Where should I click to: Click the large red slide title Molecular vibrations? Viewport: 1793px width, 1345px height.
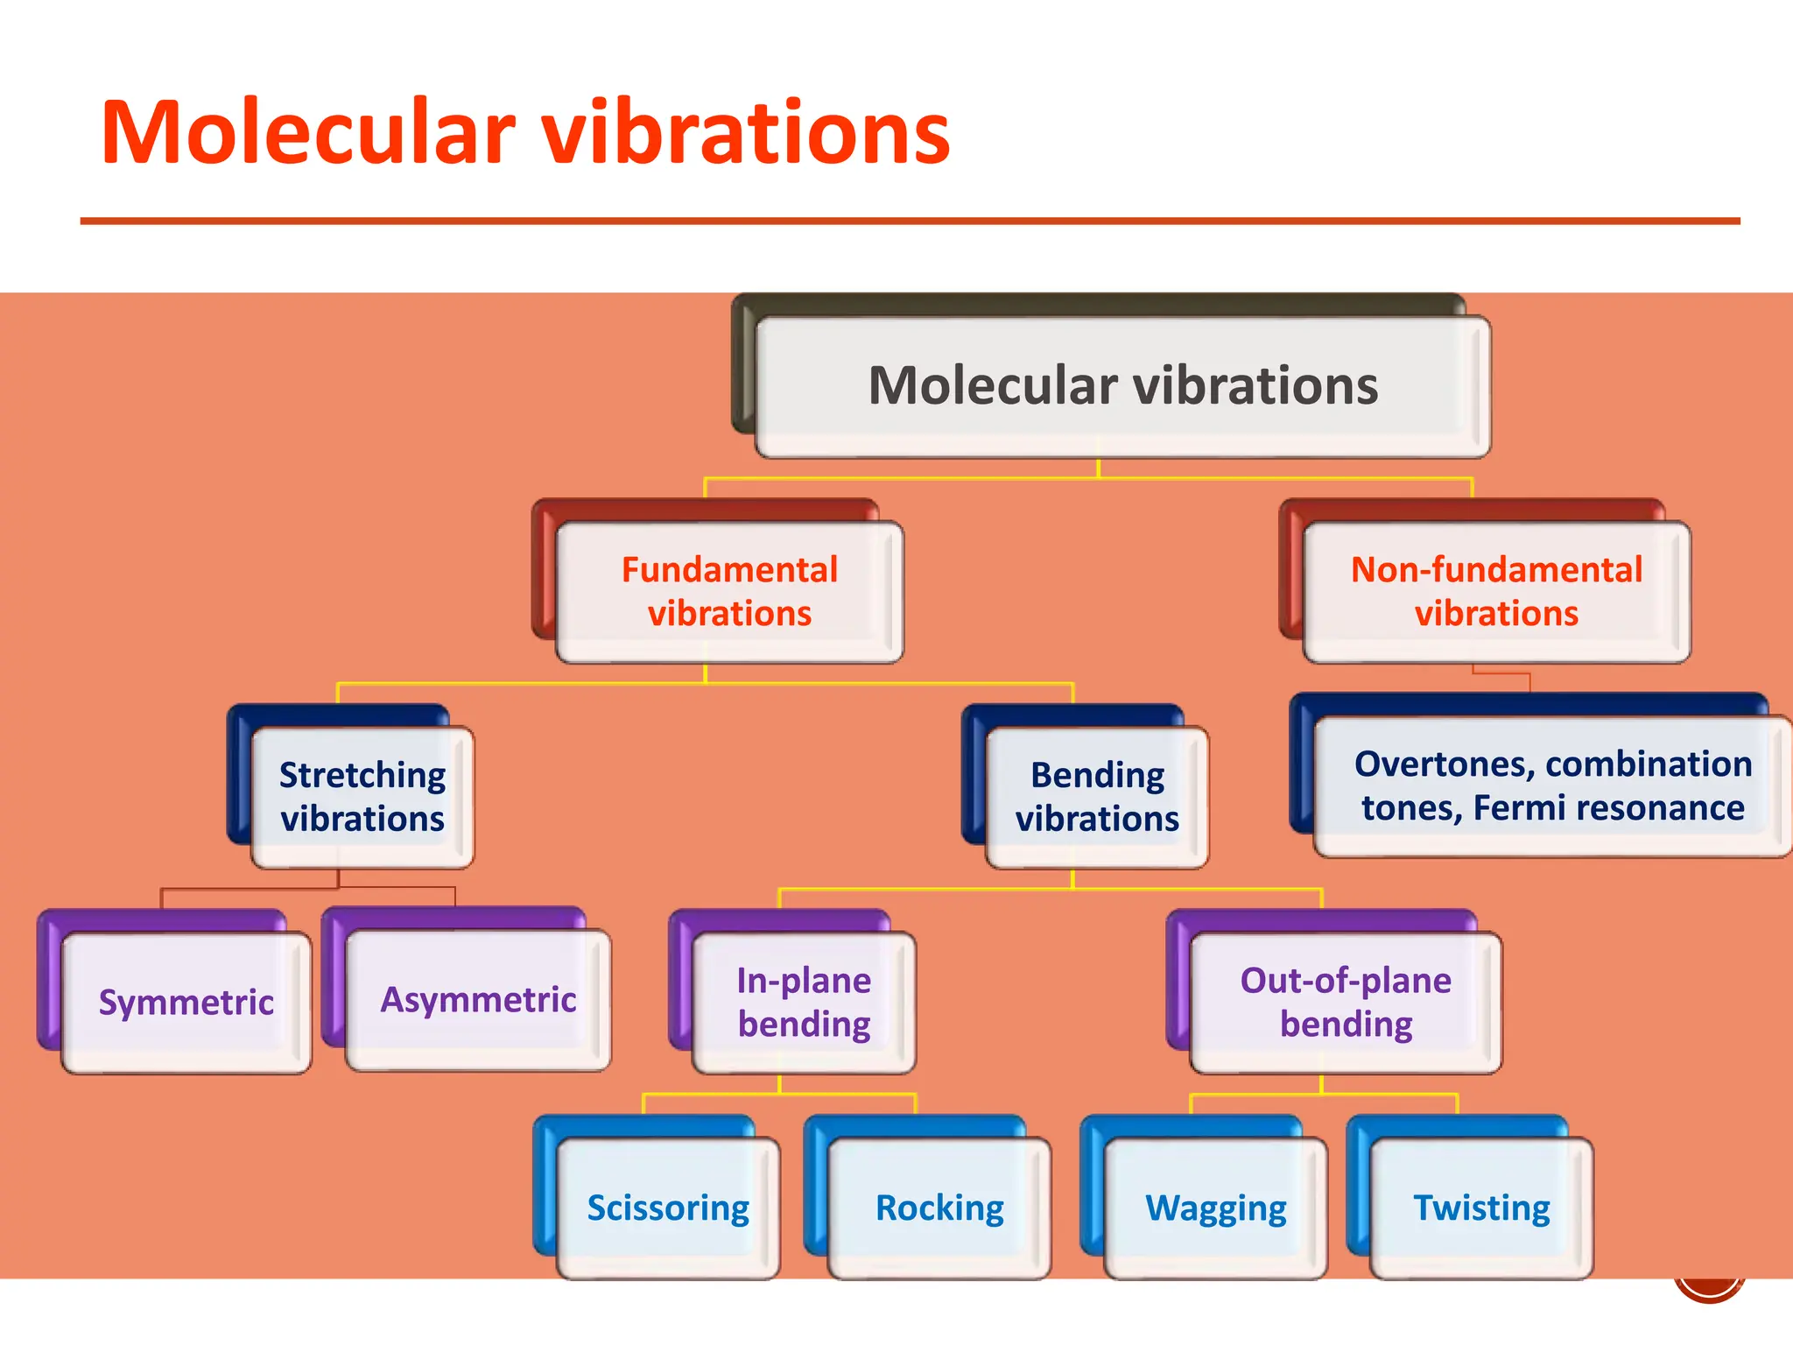point(525,133)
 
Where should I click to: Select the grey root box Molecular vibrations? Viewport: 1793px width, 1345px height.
point(1122,386)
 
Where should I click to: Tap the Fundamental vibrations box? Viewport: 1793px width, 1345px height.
point(729,592)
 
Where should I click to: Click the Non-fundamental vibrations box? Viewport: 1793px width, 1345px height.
point(1496,592)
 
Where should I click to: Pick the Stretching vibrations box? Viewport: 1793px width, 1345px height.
point(362,797)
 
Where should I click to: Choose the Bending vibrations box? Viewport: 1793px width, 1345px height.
point(1097,797)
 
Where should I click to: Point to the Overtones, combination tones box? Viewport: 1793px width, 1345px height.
point(1552,785)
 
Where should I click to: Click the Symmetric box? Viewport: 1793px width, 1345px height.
point(186,1002)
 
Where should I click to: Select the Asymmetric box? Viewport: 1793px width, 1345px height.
point(478,999)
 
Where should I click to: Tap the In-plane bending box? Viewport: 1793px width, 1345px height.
point(804,1003)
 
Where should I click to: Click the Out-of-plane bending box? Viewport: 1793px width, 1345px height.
point(1346,1003)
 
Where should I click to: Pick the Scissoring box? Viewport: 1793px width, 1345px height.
point(668,1208)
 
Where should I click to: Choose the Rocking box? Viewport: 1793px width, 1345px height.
point(939,1208)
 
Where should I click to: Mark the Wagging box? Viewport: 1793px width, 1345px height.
point(1216,1208)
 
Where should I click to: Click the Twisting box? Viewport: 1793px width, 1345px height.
point(1481,1208)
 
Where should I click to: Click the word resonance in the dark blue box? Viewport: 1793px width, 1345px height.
point(1647,808)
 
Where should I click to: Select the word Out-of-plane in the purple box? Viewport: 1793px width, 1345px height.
point(1346,981)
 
